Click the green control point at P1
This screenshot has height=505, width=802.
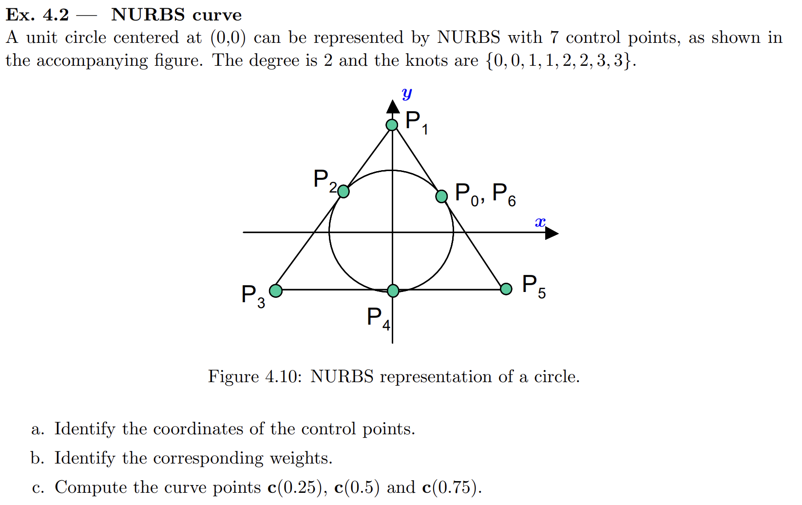point(392,125)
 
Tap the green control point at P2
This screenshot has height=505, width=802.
point(344,191)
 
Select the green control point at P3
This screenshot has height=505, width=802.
point(276,291)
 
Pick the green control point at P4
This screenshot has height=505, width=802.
point(393,291)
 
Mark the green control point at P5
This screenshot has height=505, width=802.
point(506,289)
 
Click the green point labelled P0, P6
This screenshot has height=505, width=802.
point(441,196)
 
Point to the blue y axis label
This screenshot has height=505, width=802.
point(407,93)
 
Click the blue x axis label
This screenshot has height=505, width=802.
point(540,222)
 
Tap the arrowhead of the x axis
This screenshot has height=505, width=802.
point(552,233)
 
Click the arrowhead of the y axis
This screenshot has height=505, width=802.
point(393,107)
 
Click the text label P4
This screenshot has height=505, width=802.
point(378,318)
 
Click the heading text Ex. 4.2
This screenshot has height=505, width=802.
point(38,15)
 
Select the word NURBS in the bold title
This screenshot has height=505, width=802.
point(149,15)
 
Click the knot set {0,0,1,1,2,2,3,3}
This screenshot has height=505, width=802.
point(560,60)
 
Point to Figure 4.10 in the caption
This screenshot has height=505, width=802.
point(253,377)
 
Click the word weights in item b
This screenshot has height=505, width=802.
point(301,458)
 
